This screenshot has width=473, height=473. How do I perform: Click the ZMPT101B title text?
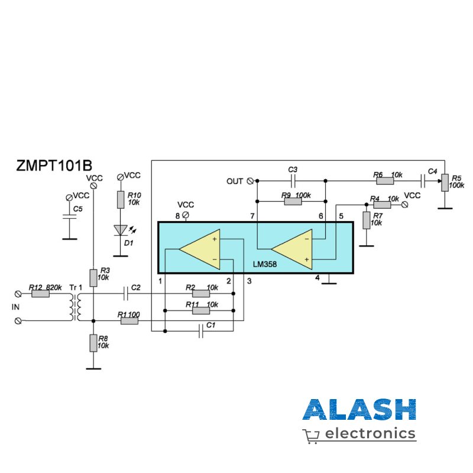coord(54,166)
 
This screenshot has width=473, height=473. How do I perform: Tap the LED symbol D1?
coord(121,230)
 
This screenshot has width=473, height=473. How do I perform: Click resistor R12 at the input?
coord(40,293)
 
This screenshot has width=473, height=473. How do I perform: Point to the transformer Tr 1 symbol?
coord(76,306)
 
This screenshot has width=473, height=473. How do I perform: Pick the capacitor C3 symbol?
coord(293,180)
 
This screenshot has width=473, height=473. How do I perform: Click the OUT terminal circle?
coord(250,180)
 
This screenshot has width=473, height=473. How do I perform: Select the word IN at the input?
coord(15,307)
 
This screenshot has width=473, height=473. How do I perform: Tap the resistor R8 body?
coord(93,342)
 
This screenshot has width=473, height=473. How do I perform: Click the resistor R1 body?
coord(128,321)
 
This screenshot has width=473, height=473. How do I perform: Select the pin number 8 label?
coord(177,216)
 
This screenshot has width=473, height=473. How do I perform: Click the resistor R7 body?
coord(367,220)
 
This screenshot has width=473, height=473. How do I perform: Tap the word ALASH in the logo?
coord(359,410)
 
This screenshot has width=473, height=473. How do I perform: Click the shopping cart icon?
coord(311,436)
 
